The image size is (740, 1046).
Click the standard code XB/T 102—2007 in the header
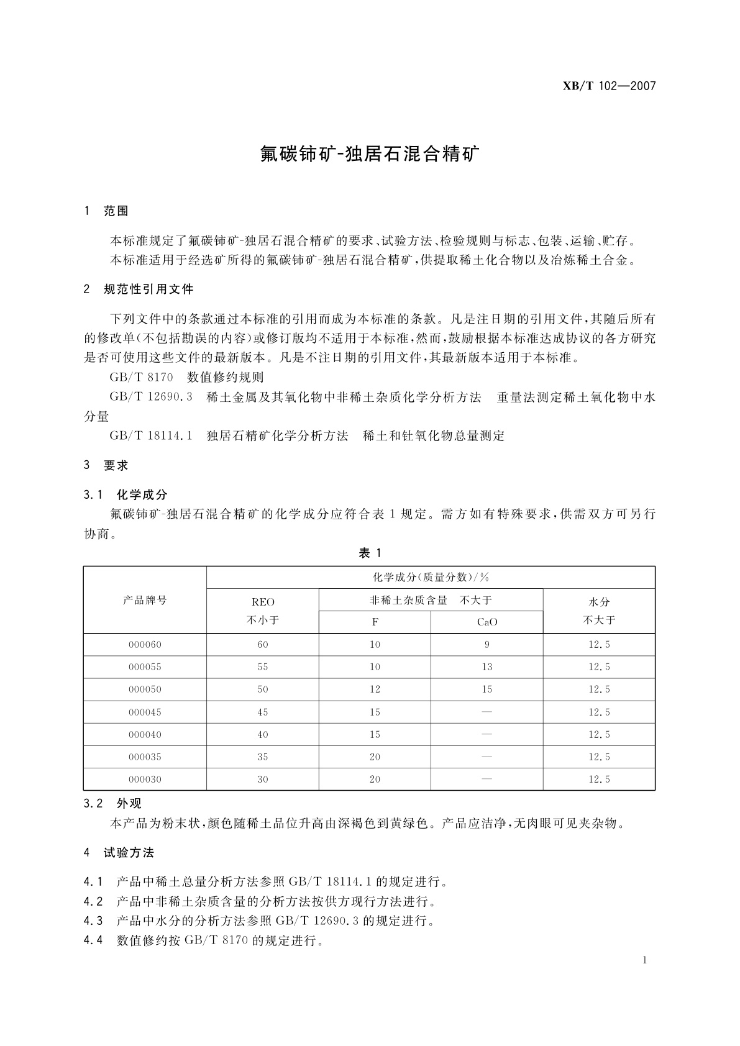tap(609, 86)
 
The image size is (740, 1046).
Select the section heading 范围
tap(116, 211)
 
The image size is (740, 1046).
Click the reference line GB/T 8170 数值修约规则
tap(186, 377)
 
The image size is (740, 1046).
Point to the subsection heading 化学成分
tap(142, 494)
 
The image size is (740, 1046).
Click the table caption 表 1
tap(370, 553)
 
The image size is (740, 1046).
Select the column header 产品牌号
tap(145, 600)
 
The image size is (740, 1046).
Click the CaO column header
tap(486, 622)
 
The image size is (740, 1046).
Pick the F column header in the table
tap(375, 622)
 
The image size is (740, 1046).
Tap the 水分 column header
tap(599, 602)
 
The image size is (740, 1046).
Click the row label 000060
tap(145, 645)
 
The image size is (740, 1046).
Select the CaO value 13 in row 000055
tap(486, 667)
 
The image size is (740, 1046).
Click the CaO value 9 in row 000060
tap(486, 645)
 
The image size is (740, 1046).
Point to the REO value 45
tap(263, 712)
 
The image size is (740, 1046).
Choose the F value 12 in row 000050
tap(375, 689)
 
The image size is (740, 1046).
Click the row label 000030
tap(145, 780)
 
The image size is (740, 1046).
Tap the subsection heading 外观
tap(129, 804)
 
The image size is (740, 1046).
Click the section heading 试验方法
tap(129, 853)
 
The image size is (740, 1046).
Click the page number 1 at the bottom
tap(645, 960)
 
